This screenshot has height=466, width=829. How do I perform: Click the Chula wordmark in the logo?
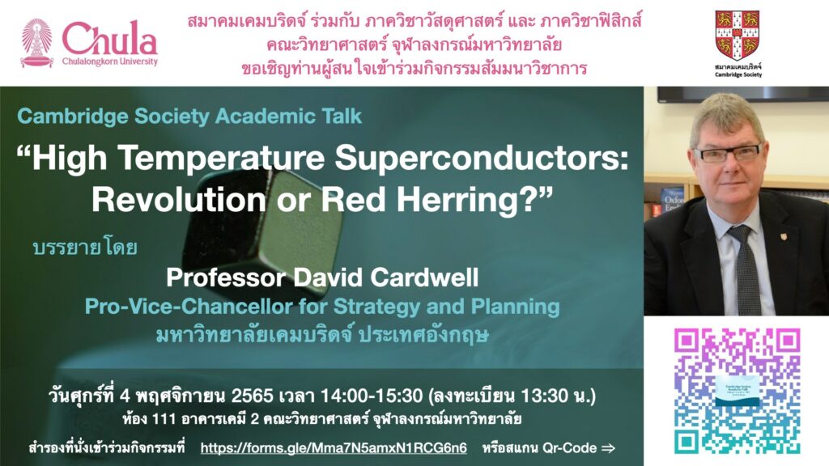(109, 38)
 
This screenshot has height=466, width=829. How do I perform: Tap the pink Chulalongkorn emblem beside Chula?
(36, 44)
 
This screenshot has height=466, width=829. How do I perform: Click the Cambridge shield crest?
(738, 35)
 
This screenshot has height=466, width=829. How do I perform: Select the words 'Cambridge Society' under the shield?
(738, 75)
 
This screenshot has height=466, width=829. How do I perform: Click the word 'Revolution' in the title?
(179, 201)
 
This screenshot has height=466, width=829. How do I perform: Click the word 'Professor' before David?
(227, 277)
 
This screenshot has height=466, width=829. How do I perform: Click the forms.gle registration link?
(334, 448)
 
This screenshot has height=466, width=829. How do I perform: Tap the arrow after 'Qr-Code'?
(608, 448)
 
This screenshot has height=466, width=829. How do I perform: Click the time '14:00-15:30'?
(371, 395)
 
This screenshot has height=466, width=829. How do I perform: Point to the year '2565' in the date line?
(253, 395)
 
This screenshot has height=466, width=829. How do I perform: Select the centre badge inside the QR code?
(737, 391)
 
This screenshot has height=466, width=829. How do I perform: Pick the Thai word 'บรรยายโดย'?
(85, 247)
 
